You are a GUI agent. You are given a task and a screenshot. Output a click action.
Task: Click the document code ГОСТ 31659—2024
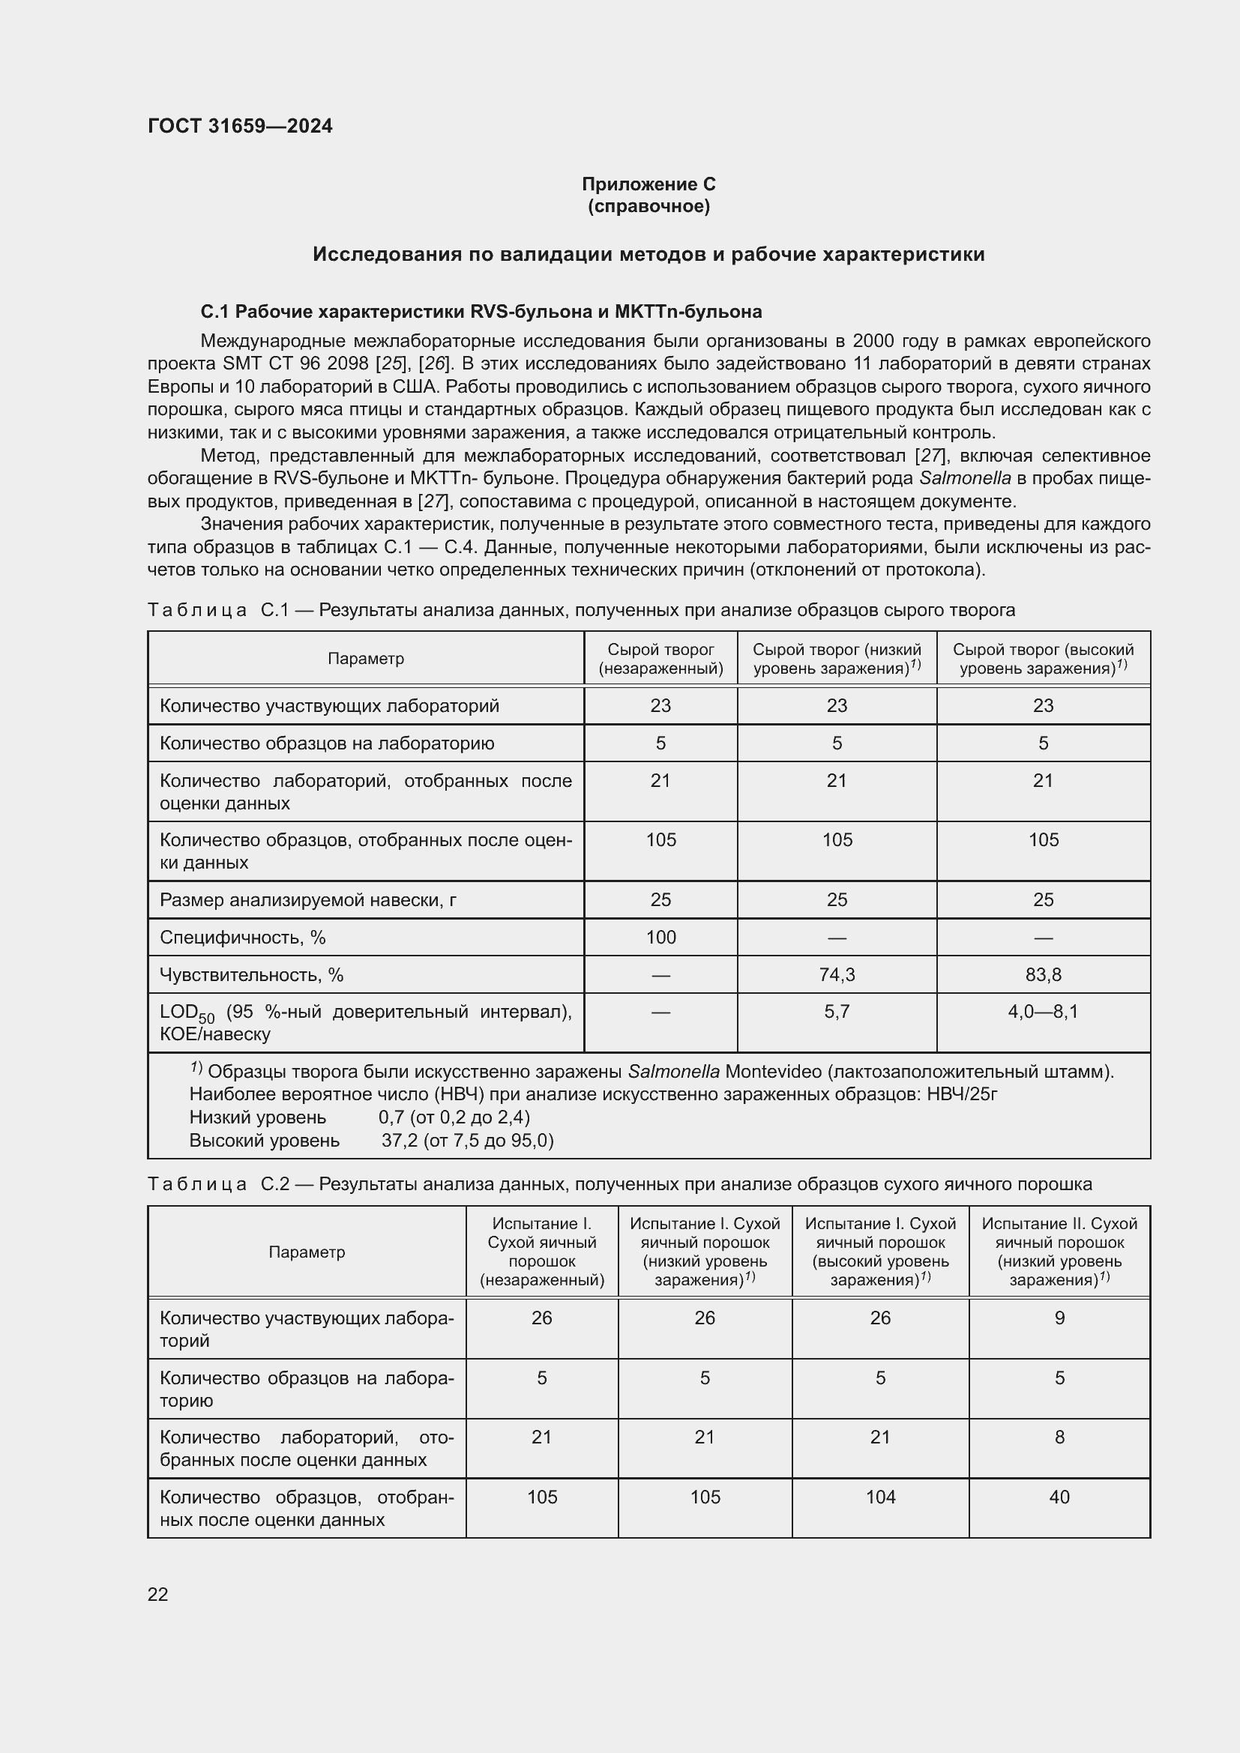[x=240, y=126]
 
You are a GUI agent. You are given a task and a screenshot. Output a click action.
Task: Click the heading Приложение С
[x=648, y=184]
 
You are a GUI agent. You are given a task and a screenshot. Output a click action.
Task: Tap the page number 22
[x=157, y=1594]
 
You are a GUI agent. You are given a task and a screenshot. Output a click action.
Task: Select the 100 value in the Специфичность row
[x=660, y=937]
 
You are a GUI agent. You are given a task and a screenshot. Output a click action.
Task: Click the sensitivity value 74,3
[x=836, y=974]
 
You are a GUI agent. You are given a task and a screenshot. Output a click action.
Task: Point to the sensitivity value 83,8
[x=1042, y=974]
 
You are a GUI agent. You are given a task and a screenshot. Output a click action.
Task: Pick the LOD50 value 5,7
[x=836, y=1012]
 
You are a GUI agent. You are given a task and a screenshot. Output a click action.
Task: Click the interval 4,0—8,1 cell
[x=1042, y=1012]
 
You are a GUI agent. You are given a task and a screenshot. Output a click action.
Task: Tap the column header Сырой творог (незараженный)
[x=660, y=658]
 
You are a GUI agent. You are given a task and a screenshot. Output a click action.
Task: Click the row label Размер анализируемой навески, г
[x=307, y=899]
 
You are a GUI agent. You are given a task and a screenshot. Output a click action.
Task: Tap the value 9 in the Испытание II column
[x=1059, y=1318]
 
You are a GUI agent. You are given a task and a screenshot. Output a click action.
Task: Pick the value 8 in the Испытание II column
[x=1059, y=1437]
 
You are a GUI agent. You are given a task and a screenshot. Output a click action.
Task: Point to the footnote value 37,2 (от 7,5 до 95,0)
[x=467, y=1140]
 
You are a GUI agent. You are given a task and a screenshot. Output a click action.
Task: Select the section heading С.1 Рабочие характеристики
[x=481, y=312]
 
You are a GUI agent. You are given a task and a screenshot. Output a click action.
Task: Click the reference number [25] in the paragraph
[x=394, y=363]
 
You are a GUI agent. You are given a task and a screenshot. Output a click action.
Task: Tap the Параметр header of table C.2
[x=306, y=1252]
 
